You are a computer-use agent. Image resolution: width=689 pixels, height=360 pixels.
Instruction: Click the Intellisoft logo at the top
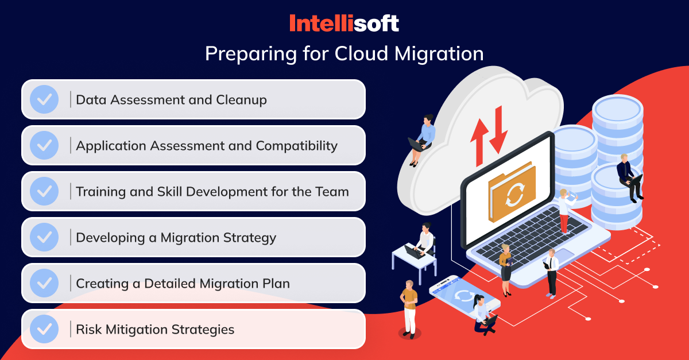click(344, 23)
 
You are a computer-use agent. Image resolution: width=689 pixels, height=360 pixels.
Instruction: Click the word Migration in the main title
click(439, 54)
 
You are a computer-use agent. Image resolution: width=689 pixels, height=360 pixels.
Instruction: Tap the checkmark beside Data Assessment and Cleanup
click(44, 99)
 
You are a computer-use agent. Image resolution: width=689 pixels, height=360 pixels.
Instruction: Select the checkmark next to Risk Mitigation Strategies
click(44, 329)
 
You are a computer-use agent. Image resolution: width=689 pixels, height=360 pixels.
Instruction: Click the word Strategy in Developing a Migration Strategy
click(249, 238)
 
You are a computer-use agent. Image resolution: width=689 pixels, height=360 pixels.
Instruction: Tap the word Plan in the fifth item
click(276, 284)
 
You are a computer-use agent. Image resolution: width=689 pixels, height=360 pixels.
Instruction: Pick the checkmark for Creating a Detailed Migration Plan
click(44, 283)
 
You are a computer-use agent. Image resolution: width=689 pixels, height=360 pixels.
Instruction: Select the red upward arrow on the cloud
click(479, 142)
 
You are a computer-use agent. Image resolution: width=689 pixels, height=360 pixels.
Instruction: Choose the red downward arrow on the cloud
click(498, 130)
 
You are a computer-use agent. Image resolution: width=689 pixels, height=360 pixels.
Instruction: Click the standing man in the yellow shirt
click(409, 309)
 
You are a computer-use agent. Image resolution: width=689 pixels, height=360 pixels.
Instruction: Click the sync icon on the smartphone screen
click(465, 296)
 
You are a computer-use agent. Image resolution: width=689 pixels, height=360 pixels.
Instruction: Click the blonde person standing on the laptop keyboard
click(566, 211)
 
